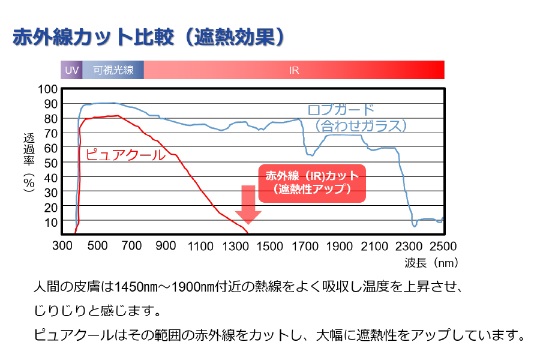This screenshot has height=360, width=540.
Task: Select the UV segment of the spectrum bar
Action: tap(72, 70)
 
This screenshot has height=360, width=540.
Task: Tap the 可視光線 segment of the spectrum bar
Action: tap(113, 70)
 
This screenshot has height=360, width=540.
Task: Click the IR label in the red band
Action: tap(294, 70)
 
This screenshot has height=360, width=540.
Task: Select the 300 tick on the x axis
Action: tap(62, 246)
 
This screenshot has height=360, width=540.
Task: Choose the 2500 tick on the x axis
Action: tap(443, 246)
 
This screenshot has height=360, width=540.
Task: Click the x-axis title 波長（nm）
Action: tap(431, 262)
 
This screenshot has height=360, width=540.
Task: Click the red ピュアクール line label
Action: tap(125, 155)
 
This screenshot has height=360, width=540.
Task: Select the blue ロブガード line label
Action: tap(341, 110)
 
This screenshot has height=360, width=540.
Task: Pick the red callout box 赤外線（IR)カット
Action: tap(311, 182)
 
